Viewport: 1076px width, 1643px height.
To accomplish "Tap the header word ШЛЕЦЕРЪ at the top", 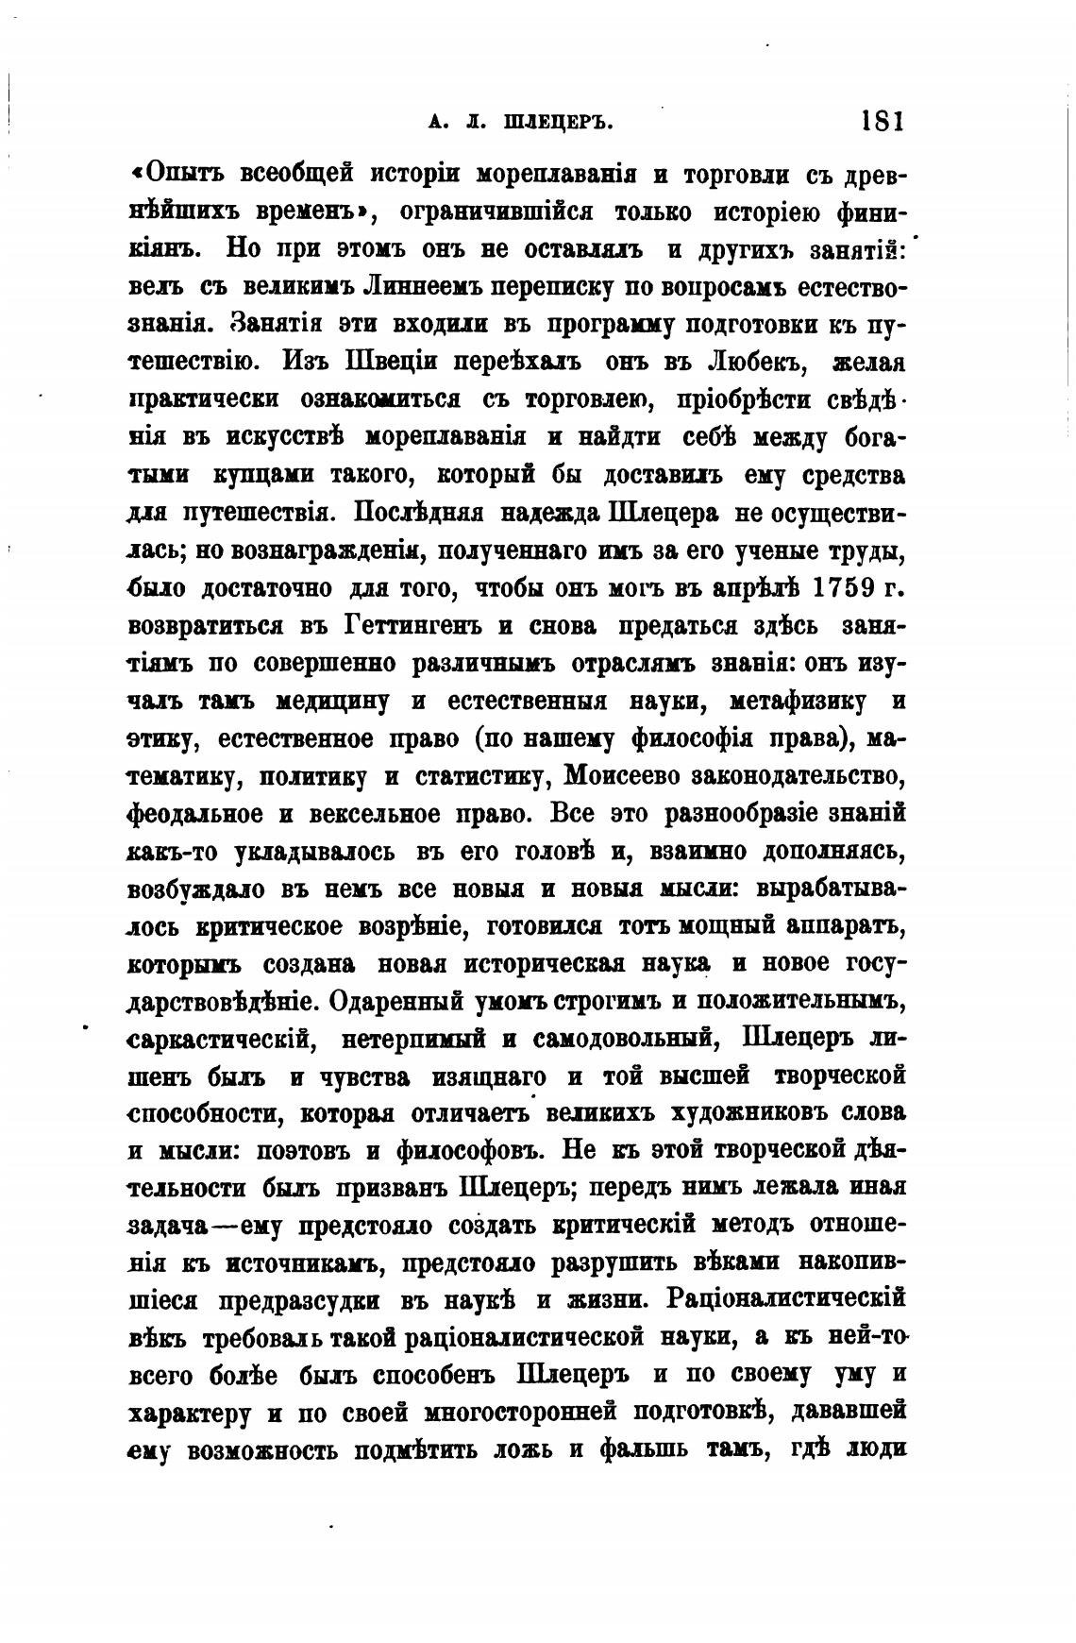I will [561, 122].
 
